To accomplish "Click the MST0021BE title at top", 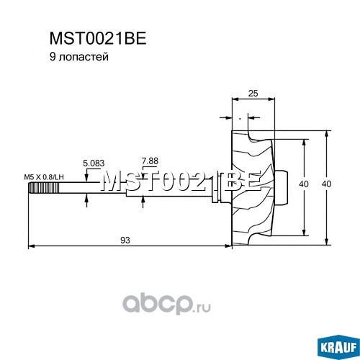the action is (98, 38).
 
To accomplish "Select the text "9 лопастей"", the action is (79, 57).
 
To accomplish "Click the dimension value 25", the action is (253, 93).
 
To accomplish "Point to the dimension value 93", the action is (125, 240).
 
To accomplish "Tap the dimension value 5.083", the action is (94, 163).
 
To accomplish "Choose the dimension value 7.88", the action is (150, 161).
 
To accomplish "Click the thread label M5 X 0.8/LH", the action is (44, 177).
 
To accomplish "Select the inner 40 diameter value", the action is (304, 184).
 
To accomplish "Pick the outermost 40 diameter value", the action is (326, 184).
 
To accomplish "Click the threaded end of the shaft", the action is (44, 188).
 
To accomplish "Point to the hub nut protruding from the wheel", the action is (281, 188).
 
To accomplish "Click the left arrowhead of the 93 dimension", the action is (32, 246).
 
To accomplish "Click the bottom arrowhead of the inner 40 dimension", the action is (304, 232).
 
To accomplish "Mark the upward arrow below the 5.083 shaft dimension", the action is (86, 199).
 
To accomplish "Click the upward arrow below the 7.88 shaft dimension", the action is (143, 202).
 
